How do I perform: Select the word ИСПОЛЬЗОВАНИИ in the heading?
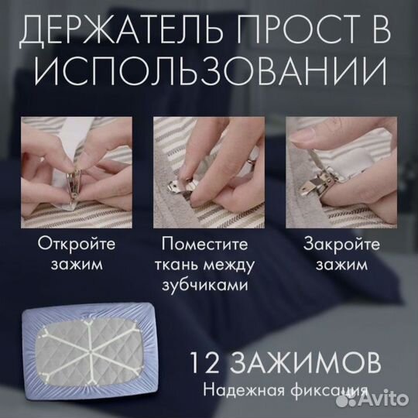pos(209,74)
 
